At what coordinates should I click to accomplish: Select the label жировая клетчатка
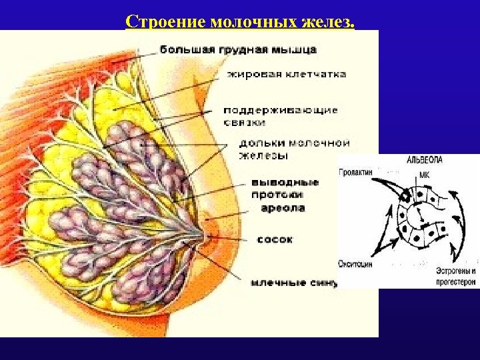[287, 74]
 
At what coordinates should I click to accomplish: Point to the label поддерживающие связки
[280, 116]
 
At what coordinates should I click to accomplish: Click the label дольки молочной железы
[294, 149]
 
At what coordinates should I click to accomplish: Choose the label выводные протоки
[285, 189]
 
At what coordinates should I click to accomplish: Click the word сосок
[275, 239]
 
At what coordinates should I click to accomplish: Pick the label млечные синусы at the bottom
[294, 282]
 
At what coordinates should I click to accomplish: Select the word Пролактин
[355, 172]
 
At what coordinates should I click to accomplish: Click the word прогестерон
[456, 282]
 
